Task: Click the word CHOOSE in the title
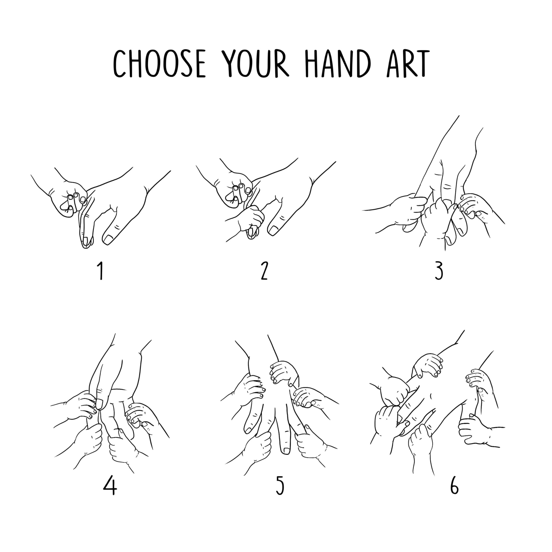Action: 159,63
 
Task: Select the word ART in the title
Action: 408,63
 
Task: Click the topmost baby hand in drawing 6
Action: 428,366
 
